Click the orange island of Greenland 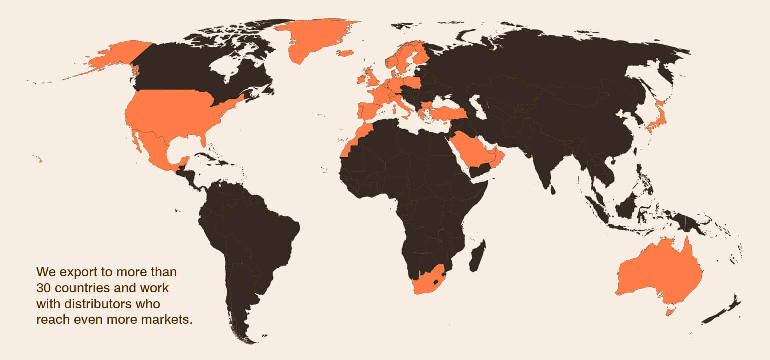pyautogui.click(x=312, y=37)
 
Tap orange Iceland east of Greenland pyautogui.click(x=345, y=53)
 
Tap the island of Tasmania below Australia pyautogui.click(x=670, y=312)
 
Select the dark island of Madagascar pyautogui.click(x=477, y=256)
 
